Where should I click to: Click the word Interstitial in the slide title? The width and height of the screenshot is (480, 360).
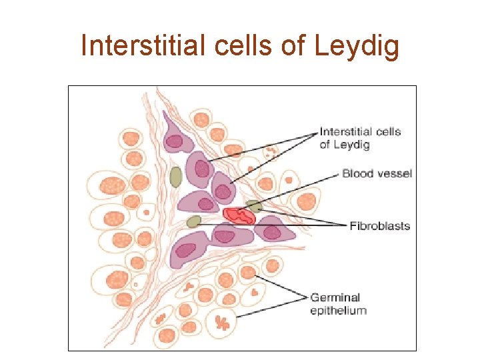point(136,46)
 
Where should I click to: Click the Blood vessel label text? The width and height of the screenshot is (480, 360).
point(377,174)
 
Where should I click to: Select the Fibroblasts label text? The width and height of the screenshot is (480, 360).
point(379,226)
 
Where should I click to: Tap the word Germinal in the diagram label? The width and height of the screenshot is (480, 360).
point(335,297)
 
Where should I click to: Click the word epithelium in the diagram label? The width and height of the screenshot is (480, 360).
point(338,310)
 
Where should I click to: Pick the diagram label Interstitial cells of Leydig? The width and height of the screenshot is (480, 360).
point(360,137)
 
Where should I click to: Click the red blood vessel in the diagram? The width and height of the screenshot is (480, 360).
point(239,215)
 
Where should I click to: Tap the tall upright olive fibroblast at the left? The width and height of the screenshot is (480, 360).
point(175,177)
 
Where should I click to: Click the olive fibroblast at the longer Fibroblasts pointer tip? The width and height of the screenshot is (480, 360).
point(194,221)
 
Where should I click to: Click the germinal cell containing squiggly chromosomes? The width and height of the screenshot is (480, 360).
point(223,322)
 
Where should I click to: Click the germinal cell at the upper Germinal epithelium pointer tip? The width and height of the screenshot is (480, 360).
point(248,272)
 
